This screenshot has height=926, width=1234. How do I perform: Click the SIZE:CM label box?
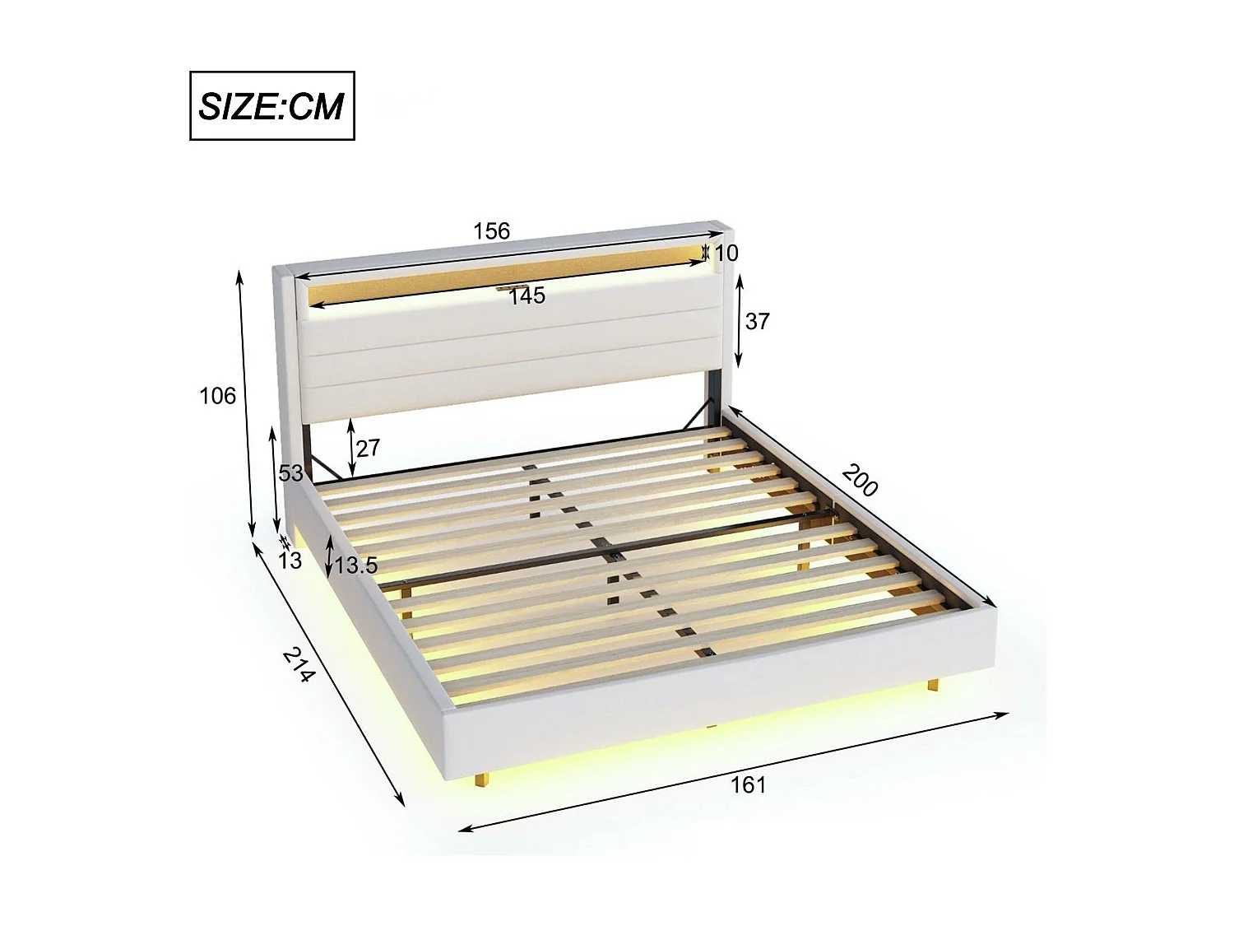[271, 106]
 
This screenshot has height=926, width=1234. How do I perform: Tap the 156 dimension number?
[491, 231]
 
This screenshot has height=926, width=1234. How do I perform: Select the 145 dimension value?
[527, 296]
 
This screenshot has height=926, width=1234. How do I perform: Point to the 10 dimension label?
[726, 254]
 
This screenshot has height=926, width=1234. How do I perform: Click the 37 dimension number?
[757, 321]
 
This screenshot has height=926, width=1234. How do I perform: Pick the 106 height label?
[217, 396]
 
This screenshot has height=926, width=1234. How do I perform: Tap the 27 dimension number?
[368, 448]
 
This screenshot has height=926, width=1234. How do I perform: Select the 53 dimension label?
[290, 473]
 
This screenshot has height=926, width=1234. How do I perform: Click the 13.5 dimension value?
[356, 565]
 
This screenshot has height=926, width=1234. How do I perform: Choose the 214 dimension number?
[299, 665]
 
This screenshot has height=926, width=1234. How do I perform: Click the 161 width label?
[748, 785]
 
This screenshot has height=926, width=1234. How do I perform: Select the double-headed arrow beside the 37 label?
[739, 321]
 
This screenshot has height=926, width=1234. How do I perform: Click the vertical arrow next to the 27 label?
[351, 448]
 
